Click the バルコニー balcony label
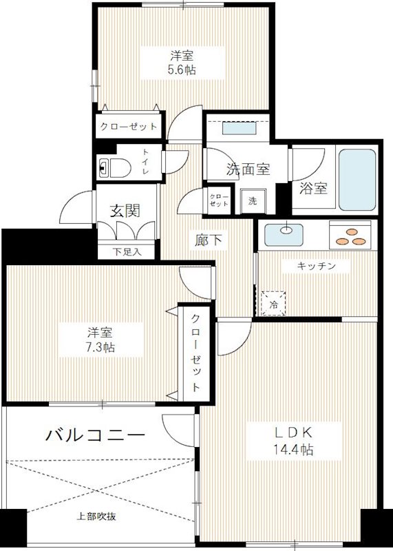[x=96, y=435]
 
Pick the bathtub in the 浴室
[x=357, y=179]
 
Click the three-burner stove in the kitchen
[x=352, y=236]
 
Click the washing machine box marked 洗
[x=252, y=202]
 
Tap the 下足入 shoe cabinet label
[x=127, y=251]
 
